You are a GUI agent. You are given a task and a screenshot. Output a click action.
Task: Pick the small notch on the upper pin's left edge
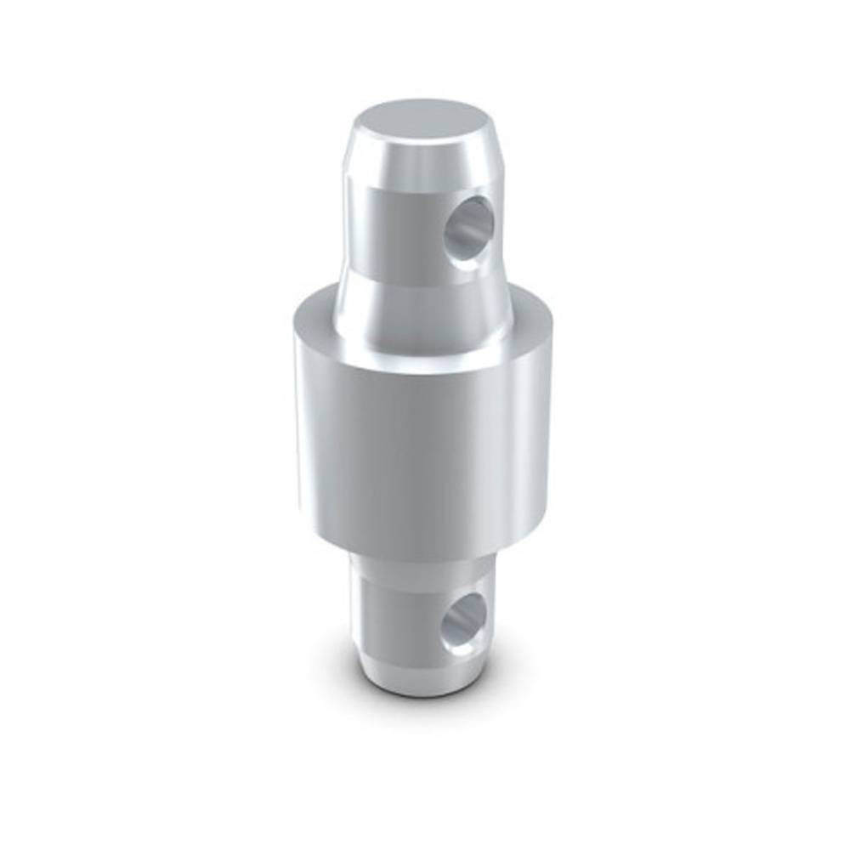pyautogui.click(x=348, y=183)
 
